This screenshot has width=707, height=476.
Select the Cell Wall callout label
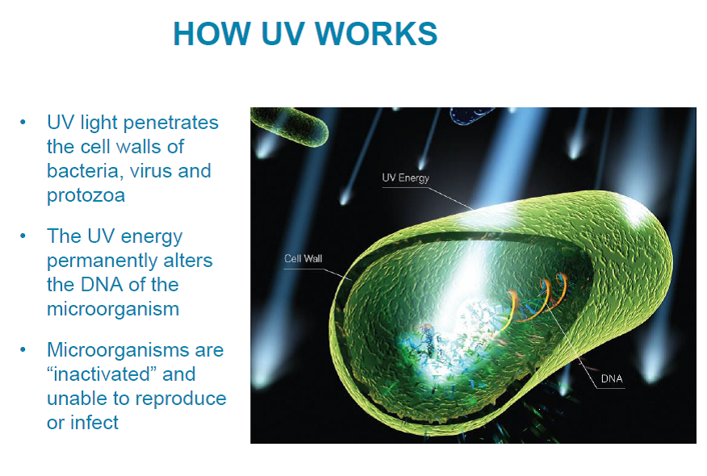click(x=303, y=259)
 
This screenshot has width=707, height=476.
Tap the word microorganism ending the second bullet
click(x=112, y=309)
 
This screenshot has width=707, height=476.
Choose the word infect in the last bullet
click(x=94, y=423)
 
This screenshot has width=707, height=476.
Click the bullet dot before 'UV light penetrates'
click(x=24, y=123)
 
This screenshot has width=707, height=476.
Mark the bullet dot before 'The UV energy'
click(x=24, y=236)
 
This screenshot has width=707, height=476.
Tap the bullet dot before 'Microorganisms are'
click(x=24, y=350)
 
